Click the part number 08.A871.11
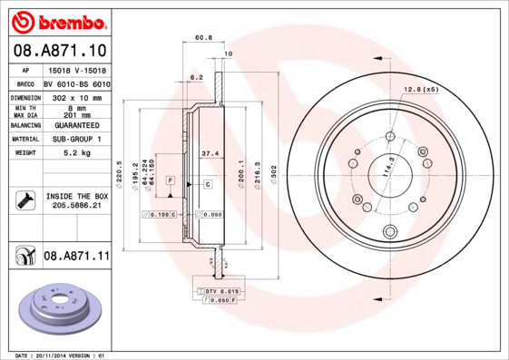pos(76,257)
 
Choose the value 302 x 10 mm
pos(76,96)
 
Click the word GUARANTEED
pos(76,124)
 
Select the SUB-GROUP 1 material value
pos(76,139)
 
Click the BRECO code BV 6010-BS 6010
pos(76,83)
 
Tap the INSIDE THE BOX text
pos(76,196)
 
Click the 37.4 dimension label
pos(208,153)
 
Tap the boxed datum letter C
pos(207,184)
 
